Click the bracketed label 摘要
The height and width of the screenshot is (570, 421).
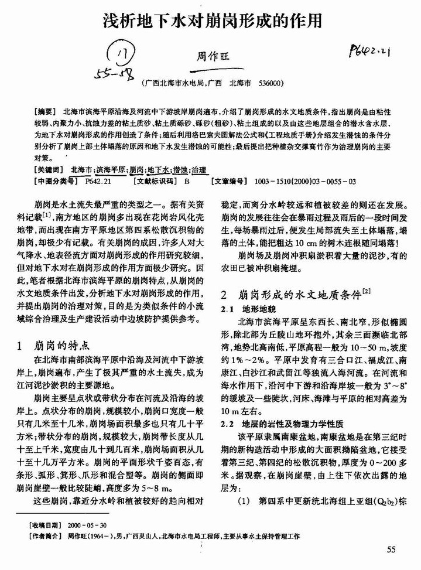tap(46, 110)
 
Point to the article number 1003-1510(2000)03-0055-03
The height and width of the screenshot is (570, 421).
tap(305, 181)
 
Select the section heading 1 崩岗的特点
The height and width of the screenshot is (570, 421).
tap(57, 344)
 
